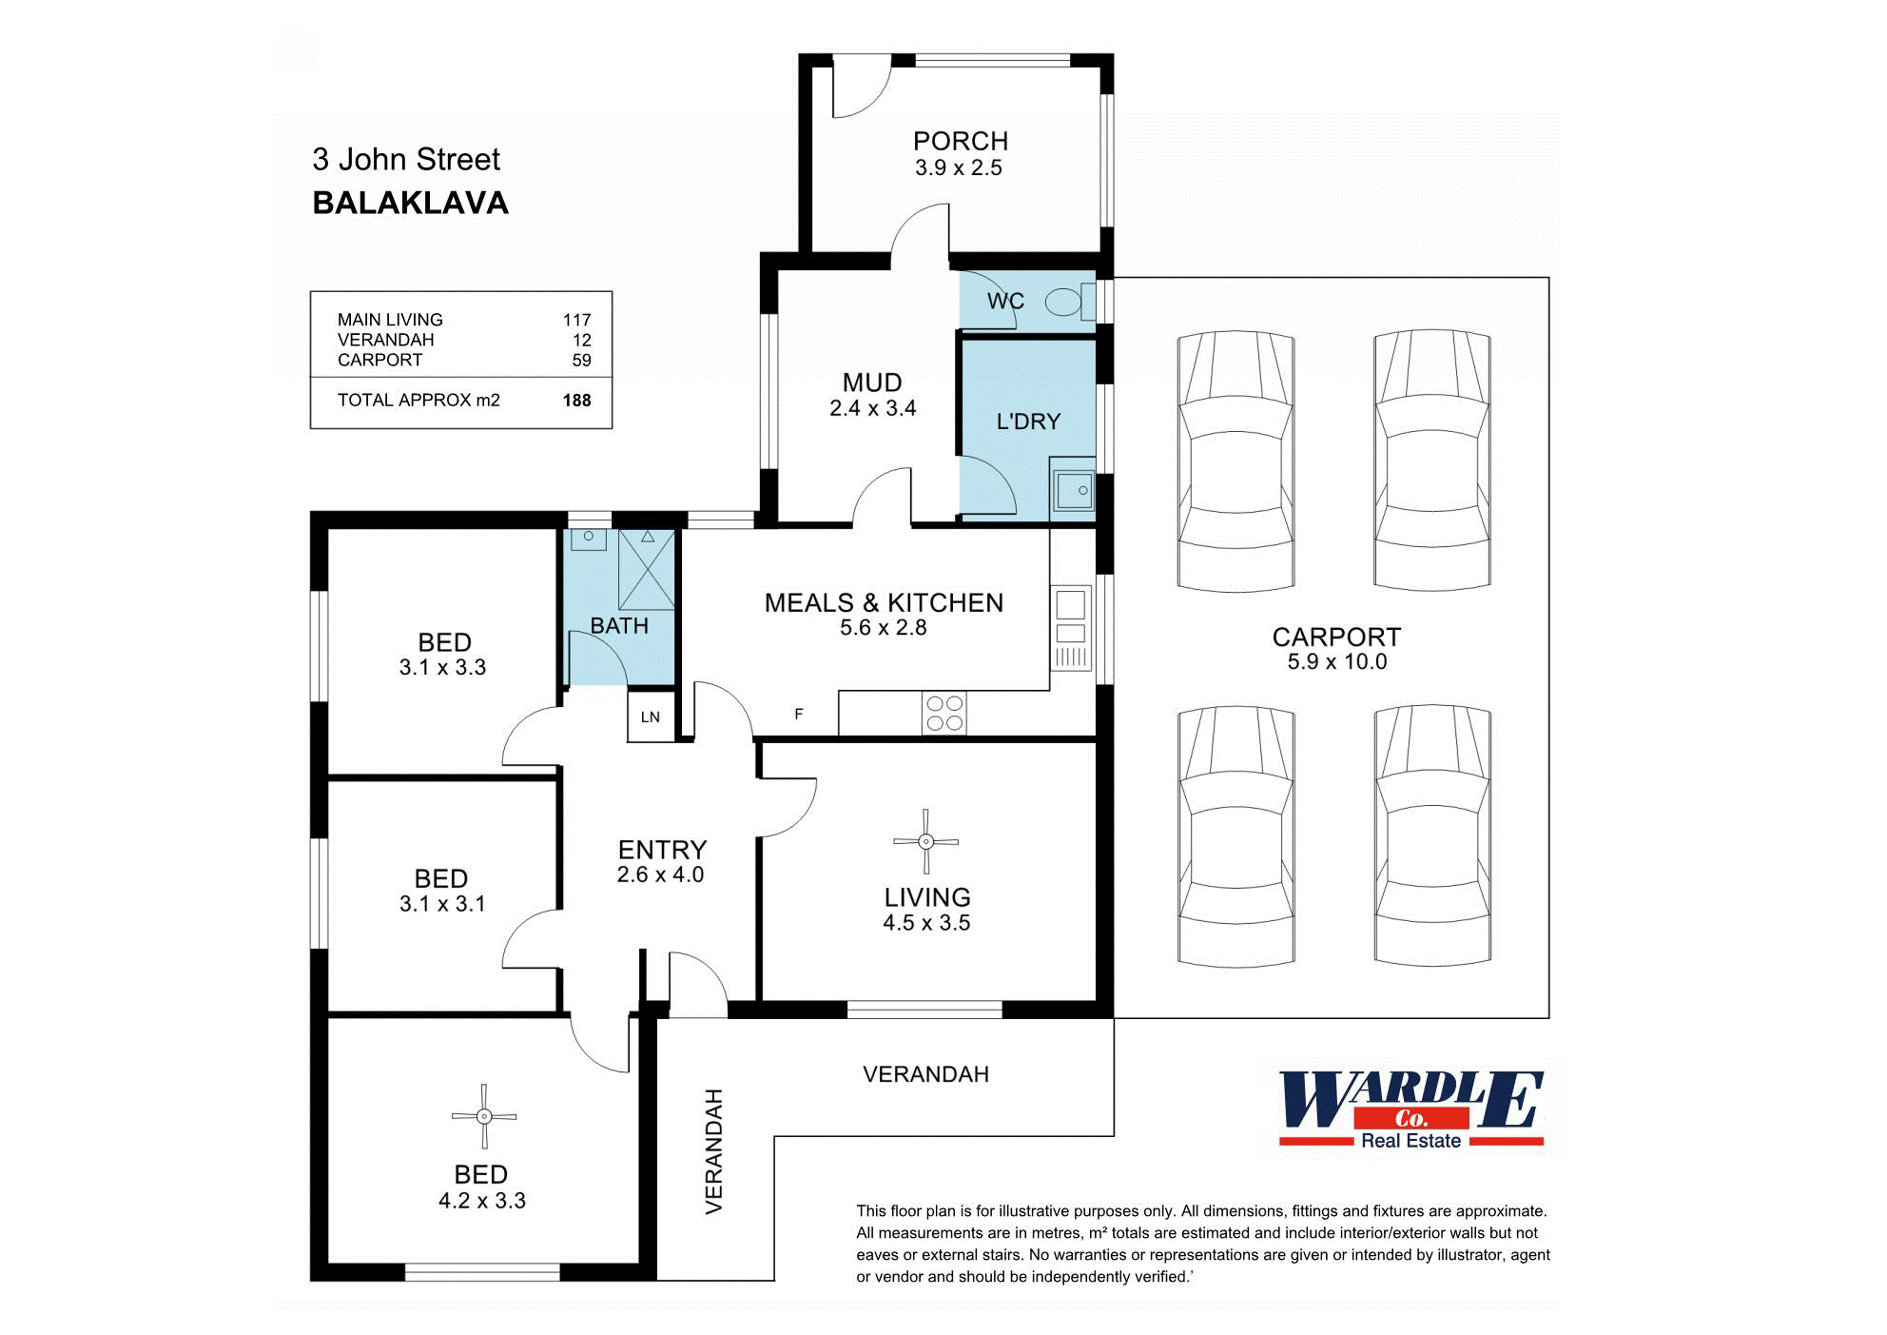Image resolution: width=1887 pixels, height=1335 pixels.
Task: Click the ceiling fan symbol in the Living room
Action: click(925, 841)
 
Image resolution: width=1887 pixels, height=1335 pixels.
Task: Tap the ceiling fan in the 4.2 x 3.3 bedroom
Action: click(484, 1116)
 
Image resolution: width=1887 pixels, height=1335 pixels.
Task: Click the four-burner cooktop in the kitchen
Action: click(944, 714)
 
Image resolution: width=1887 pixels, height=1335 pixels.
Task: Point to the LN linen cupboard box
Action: click(651, 717)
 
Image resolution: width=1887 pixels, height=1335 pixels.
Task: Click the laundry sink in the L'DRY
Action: click(1074, 491)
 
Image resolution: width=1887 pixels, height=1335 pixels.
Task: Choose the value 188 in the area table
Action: click(576, 401)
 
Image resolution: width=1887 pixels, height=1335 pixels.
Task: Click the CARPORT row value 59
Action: click(581, 361)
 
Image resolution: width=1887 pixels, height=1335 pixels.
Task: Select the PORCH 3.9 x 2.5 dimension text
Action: click(959, 168)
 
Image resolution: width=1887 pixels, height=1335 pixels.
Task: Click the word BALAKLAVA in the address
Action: click(410, 203)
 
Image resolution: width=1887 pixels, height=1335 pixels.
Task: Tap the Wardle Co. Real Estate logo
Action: click(1410, 1109)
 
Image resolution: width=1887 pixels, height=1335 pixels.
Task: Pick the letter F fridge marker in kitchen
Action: click(799, 714)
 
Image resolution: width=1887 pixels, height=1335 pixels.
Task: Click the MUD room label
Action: click(871, 383)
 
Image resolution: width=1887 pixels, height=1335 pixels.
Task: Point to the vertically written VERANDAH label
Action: click(714, 1151)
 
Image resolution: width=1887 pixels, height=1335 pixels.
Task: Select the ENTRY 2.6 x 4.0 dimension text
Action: click(660, 875)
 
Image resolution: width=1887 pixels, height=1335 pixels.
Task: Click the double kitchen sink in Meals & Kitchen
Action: click(1071, 618)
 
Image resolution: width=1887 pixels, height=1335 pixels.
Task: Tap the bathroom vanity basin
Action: click(589, 539)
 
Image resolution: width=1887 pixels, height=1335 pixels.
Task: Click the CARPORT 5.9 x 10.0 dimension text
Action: click(1336, 662)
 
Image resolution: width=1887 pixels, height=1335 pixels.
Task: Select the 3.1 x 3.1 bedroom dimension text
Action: click(442, 904)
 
